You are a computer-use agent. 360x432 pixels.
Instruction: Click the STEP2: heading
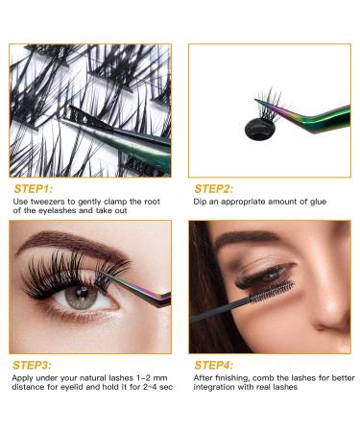215,187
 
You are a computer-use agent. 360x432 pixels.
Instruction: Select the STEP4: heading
215,365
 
